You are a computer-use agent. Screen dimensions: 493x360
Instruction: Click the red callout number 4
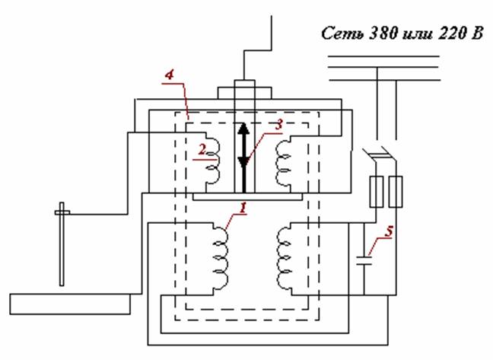pos(170,75)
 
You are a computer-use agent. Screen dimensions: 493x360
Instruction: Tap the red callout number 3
pos(278,125)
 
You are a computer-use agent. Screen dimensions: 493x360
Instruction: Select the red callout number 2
pos(202,150)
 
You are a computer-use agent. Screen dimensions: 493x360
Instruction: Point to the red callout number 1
pos(243,208)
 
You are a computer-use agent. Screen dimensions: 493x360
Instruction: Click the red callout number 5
pos(389,231)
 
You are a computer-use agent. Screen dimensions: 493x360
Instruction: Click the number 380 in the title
pos(383,33)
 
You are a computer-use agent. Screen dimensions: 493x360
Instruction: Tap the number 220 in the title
pos(450,33)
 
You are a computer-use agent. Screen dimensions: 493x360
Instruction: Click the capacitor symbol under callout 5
pos(364,260)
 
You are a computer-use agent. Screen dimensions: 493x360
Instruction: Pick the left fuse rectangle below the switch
pos(377,192)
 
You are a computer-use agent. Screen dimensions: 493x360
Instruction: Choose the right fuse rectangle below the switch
pos(396,192)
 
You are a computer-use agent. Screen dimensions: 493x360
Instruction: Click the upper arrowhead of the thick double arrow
pos(243,129)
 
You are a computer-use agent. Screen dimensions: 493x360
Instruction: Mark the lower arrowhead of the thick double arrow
pos(243,161)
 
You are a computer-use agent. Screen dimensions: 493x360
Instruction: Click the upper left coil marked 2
pos(213,161)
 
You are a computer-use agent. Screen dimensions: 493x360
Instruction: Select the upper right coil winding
pos(282,163)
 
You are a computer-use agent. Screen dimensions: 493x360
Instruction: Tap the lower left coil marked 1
pos(221,259)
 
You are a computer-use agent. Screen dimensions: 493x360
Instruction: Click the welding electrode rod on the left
pos(62,244)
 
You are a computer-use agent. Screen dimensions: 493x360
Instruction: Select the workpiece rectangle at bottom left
pos(70,304)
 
